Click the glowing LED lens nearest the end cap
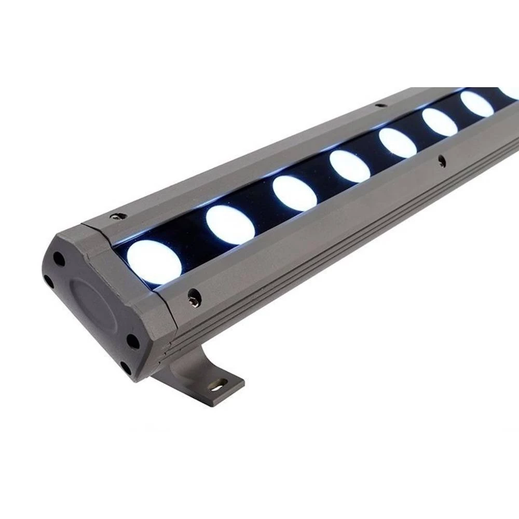point(154,262)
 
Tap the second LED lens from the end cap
point(230,225)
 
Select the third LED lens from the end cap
point(294,193)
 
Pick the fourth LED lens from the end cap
point(349,166)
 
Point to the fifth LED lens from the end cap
point(398,143)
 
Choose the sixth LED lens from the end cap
point(439,122)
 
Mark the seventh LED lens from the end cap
point(476,104)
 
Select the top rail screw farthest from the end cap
point(381,105)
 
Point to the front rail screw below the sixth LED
point(441,161)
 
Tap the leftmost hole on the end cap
point(48,281)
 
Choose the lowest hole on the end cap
point(125,368)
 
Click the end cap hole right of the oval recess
point(133,341)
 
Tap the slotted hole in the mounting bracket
point(217,385)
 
